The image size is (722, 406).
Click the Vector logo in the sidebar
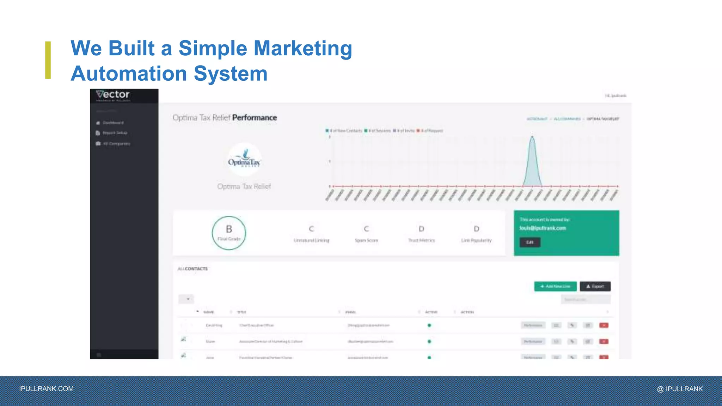coord(113,95)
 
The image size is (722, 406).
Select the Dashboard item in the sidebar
coord(113,123)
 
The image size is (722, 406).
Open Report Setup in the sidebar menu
coord(115,133)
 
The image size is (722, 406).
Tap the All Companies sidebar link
coord(116,144)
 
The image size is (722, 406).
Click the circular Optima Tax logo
coord(244,160)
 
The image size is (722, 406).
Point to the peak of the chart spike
coord(532,137)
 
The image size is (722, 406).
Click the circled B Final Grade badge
coord(229,233)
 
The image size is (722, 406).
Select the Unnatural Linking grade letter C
coord(311,229)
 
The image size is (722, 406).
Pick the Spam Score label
coord(366,240)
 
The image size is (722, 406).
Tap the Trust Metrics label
coord(421,240)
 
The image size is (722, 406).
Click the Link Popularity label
coord(476,240)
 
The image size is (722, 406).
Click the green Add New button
coord(555,287)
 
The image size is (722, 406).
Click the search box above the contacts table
coord(586,300)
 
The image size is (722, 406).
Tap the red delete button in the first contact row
coord(604,325)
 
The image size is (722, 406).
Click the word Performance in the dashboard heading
coord(255,118)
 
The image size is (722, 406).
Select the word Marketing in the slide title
coord(303,48)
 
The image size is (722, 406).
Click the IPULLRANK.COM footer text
coord(47,389)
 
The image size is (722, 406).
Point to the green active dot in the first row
coord(429,325)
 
